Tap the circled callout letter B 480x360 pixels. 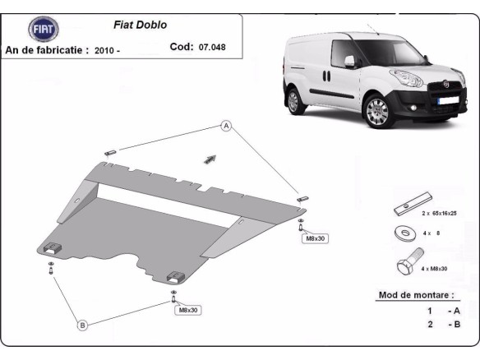tap(82, 325)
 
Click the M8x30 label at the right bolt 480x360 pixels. tap(316, 238)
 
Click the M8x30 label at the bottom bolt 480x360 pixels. tap(187, 310)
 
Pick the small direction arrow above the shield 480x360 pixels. tap(210, 158)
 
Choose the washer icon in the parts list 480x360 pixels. tap(404, 233)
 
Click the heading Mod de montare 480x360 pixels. tap(416, 294)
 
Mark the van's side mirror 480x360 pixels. tap(350, 63)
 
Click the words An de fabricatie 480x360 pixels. tap(47, 50)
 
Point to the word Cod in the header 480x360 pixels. tap(181, 48)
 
